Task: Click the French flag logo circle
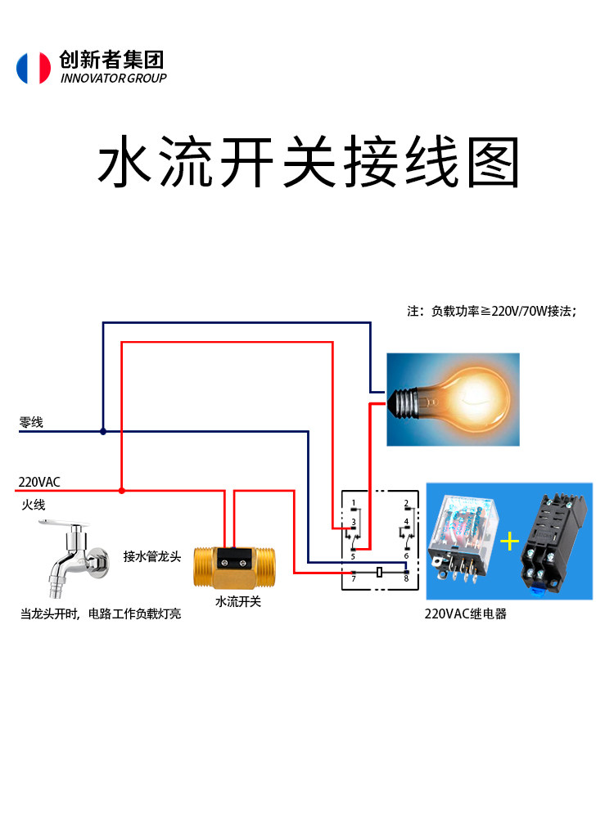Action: tap(34, 68)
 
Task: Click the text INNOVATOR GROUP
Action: tap(113, 79)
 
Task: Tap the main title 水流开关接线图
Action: tap(309, 162)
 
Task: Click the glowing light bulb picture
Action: tap(453, 400)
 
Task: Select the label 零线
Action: tap(31, 422)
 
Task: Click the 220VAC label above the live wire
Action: tap(39, 482)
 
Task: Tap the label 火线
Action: tap(34, 505)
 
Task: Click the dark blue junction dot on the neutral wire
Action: tap(103, 431)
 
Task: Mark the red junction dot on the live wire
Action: tap(122, 490)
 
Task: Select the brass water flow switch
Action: tap(234, 568)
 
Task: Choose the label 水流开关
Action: tap(238, 601)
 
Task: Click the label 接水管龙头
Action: tap(152, 556)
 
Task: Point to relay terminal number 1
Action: tap(354, 503)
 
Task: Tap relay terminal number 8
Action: tap(406, 579)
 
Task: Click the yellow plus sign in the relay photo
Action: tap(509, 542)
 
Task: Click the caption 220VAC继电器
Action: tap(466, 614)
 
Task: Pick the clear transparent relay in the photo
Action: tap(462, 537)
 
